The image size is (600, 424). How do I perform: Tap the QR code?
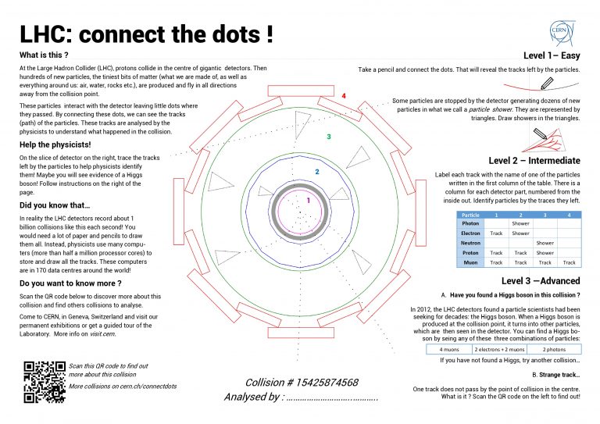44,381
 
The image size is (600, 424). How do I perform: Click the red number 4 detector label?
343,96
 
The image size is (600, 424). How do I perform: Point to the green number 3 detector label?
329,137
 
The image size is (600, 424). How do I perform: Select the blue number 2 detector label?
316,172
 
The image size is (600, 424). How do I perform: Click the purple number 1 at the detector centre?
308,201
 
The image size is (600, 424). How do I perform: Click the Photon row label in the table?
470,223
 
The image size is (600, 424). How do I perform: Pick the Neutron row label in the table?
470,243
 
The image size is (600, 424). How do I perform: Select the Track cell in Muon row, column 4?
570,262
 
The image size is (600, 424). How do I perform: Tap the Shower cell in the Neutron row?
545,243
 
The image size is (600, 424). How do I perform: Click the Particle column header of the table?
470,214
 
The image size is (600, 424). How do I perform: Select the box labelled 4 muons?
448,349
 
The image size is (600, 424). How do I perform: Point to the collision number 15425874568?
301,383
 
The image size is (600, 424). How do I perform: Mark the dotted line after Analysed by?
332,398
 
